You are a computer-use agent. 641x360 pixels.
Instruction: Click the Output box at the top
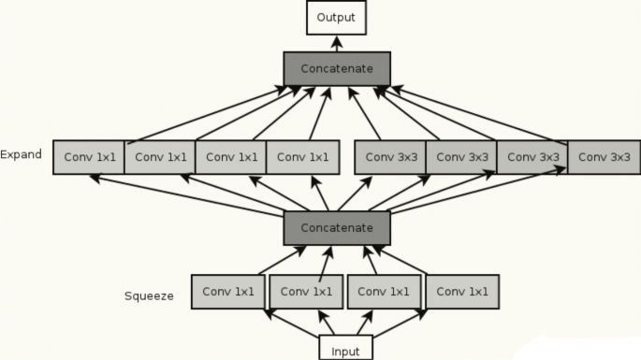click(x=336, y=18)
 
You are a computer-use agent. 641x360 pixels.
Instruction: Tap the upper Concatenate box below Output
click(x=336, y=69)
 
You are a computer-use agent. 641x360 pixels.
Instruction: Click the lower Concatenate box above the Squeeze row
click(x=336, y=227)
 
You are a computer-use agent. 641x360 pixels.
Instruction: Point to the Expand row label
click(x=21, y=154)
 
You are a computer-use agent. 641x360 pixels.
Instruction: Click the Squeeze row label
click(x=149, y=296)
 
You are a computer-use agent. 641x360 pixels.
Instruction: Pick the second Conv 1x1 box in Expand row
click(x=160, y=157)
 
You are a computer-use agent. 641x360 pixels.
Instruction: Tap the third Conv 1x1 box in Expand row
click(x=231, y=157)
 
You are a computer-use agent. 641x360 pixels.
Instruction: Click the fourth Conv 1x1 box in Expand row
click(x=302, y=157)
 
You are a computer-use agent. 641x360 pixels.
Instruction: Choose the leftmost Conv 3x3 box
click(x=390, y=157)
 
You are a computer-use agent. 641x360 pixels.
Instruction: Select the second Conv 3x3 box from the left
click(x=461, y=157)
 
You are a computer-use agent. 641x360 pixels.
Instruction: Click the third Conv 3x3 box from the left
click(x=532, y=157)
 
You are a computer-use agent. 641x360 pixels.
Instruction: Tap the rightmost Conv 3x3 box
click(x=604, y=157)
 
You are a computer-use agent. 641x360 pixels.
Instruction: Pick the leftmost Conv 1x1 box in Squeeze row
click(x=227, y=292)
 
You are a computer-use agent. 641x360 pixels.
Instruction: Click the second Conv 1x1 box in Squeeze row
click(x=306, y=292)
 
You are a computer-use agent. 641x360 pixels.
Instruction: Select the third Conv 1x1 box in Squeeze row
click(x=385, y=292)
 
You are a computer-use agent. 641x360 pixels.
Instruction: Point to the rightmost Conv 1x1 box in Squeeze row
click(x=462, y=292)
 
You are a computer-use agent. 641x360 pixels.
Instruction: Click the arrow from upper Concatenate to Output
click(x=336, y=43)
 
